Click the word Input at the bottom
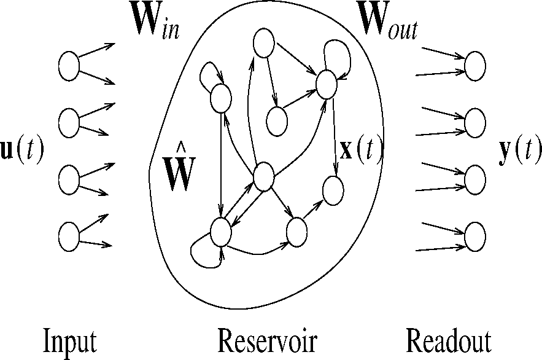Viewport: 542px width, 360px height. (69, 341)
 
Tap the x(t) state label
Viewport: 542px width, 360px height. (361, 149)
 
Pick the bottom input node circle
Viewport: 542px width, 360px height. (69, 236)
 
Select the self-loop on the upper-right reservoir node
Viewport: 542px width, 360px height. (339, 54)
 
